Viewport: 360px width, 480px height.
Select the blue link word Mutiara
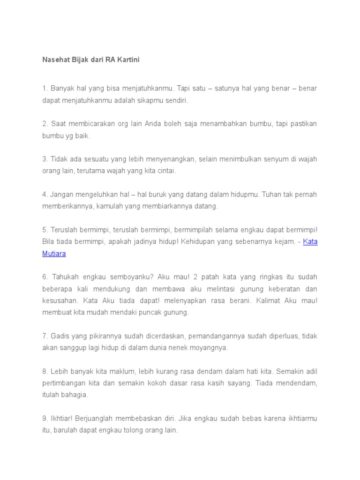point(54,254)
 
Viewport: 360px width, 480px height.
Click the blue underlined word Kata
point(310,242)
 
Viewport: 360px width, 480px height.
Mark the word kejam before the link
point(285,242)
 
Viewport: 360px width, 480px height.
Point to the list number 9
point(45,418)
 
